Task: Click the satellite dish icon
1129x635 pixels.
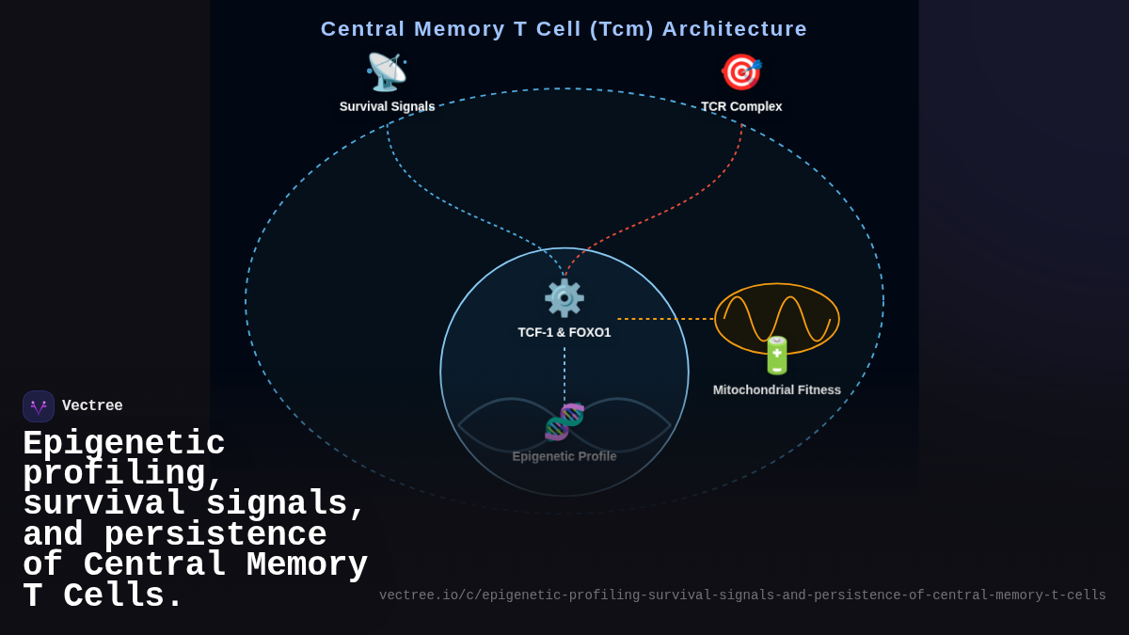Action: pyautogui.click(x=386, y=72)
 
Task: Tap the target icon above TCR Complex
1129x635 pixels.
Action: pyautogui.click(x=740, y=72)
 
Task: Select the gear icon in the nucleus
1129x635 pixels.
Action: pyautogui.click(x=564, y=298)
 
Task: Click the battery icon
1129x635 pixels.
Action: pyautogui.click(x=777, y=356)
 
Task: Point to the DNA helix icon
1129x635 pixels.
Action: pyautogui.click(x=564, y=421)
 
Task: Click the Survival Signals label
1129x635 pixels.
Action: pyautogui.click(x=387, y=106)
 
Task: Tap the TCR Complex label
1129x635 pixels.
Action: pyautogui.click(x=741, y=106)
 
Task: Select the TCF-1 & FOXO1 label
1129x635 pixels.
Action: pyautogui.click(x=564, y=332)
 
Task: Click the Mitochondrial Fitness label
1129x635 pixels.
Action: pyautogui.click(x=777, y=389)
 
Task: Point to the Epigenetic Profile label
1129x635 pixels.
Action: pyautogui.click(x=564, y=456)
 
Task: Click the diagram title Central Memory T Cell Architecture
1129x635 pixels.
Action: pyautogui.click(x=564, y=29)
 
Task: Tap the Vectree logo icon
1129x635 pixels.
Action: pyautogui.click(x=39, y=406)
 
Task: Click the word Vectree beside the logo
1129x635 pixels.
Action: pyautogui.click(x=92, y=406)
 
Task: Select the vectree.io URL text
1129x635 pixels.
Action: pyautogui.click(x=742, y=595)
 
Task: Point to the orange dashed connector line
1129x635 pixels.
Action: pyautogui.click(x=665, y=319)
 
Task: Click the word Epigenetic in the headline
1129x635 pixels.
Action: pyautogui.click(x=123, y=443)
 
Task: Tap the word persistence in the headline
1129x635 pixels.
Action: pyautogui.click(x=215, y=534)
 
